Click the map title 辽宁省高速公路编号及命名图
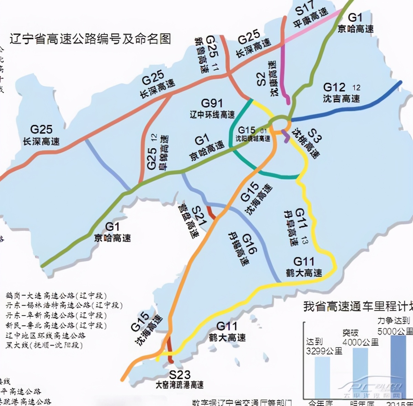pyautogui.click(x=90, y=39)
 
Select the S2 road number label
pyautogui.click(x=261, y=79)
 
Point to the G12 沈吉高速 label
pyautogui.click(x=341, y=93)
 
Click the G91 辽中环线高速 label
pyautogui.click(x=212, y=108)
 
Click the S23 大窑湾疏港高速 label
pyautogui.click(x=180, y=379)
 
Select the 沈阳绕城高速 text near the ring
pyautogui.click(x=253, y=139)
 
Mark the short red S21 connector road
pyautogui.click(x=211, y=212)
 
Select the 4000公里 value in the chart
pyautogui.click(x=360, y=342)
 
